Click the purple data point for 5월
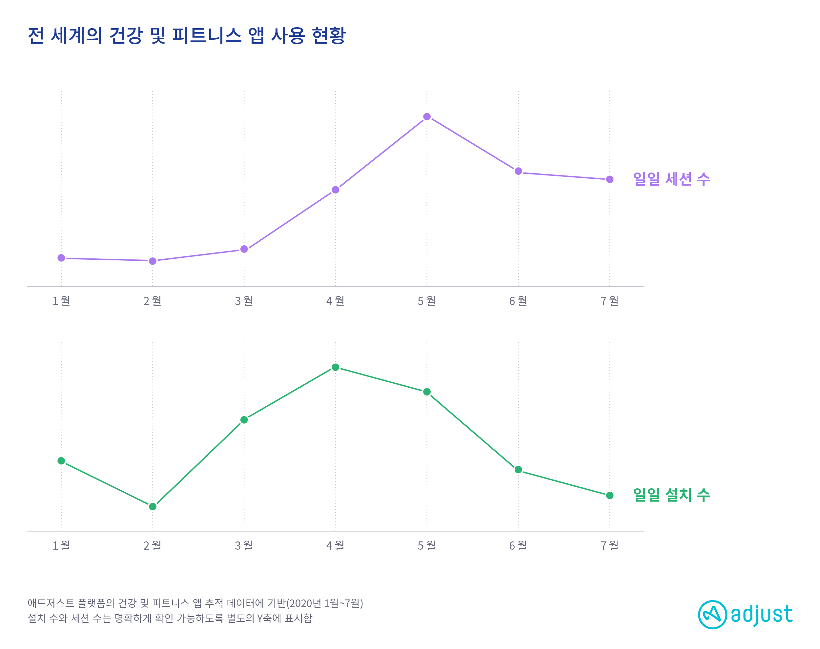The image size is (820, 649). [426, 117]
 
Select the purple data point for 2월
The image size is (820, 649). [153, 261]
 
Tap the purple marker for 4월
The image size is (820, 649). [335, 190]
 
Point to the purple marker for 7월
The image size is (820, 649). [609, 179]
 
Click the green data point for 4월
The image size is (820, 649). [335, 367]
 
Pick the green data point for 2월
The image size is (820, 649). [153, 507]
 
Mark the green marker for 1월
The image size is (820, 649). [61, 461]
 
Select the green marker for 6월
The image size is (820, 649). [518, 470]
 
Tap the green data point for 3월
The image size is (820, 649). [244, 420]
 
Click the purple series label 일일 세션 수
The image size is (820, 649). [671, 179]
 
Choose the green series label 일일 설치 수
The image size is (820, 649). [671, 495]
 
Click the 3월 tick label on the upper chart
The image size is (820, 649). [244, 301]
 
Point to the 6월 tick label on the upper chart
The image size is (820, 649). [518, 301]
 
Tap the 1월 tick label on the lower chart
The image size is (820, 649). [61, 546]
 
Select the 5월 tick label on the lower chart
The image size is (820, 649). [426, 546]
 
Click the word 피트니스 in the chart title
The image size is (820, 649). [207, 35]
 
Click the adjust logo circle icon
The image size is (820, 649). [712, 615]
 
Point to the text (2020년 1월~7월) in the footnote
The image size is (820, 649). [325, 603]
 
